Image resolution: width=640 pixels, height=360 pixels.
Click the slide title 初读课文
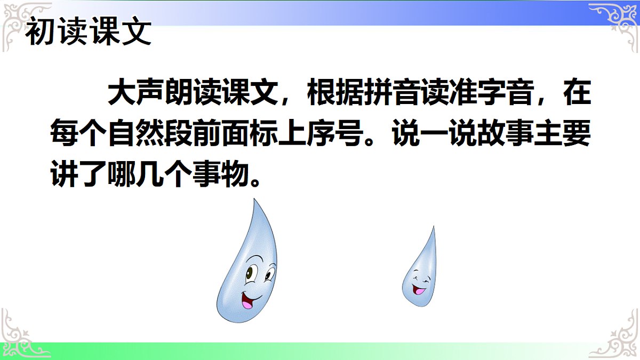[89, 33]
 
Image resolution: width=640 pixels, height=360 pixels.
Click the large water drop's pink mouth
[247, 301]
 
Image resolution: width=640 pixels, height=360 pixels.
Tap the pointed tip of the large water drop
[254, 201]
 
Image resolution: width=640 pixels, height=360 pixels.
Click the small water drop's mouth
[420, 291]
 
